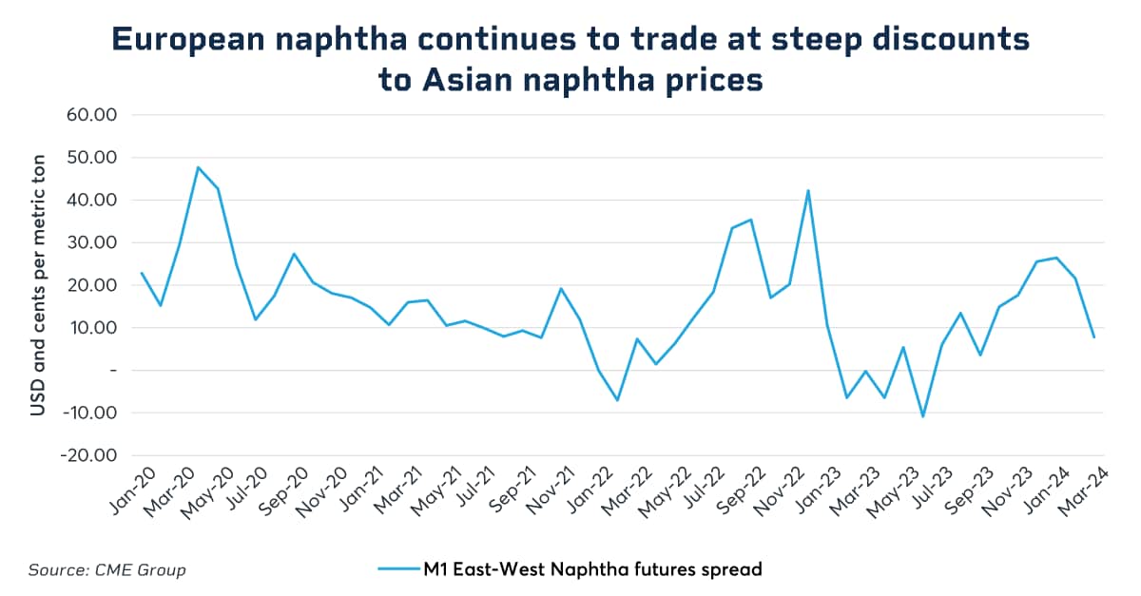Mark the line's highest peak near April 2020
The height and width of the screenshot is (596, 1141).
[x=198, y=167]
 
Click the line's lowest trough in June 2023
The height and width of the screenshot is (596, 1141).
[x=922, y=416]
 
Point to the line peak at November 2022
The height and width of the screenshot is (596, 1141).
[x=808, y=190]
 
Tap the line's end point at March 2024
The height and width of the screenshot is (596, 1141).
[x=1093, y=337]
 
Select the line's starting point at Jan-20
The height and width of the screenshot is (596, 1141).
[x=142, y=273]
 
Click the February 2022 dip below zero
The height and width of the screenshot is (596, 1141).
[x=617, y=400]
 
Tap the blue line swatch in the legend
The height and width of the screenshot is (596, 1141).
[x=398, y=570]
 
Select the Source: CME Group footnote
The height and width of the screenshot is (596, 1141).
[x=106, y=570]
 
